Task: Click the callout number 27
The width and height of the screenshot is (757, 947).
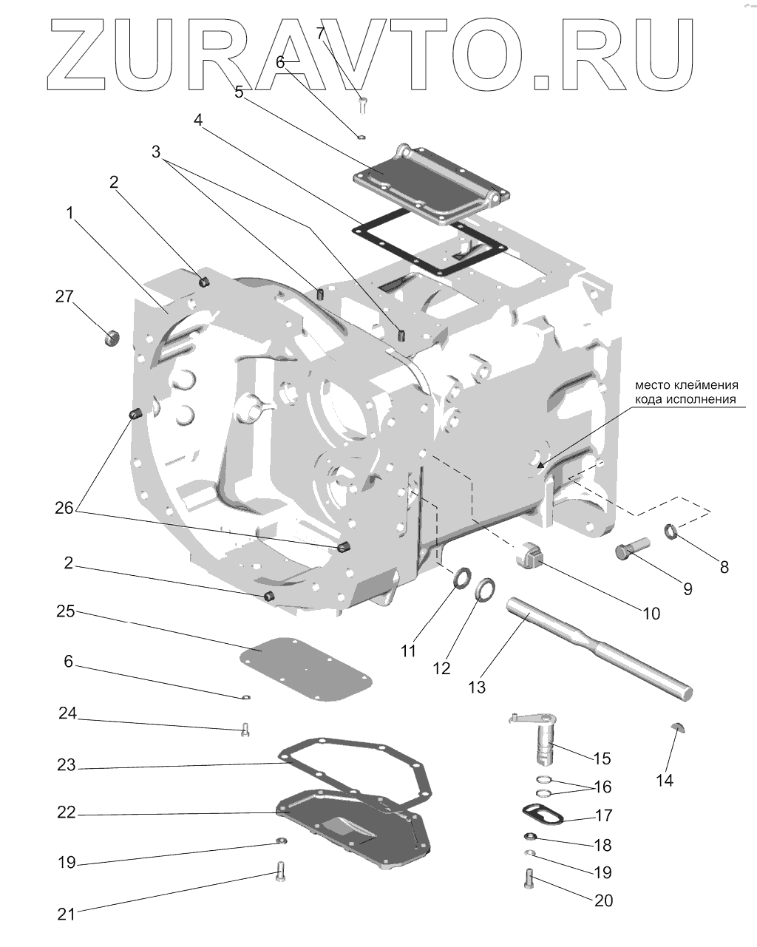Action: pyautogui.click(x=64, y=297)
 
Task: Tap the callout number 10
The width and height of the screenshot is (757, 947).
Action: pyautogui.click(x=651, y=614)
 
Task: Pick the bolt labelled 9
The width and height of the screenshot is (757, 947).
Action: pyautogui.click(x=630, y=549)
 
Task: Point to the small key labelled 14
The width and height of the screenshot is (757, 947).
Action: pyautogui.click(x=679, y=726)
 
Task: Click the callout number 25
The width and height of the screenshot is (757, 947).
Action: pyautogui.click(x=67, y=612)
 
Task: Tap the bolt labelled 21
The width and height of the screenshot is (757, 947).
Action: pyautogui.click(x=280, y=872)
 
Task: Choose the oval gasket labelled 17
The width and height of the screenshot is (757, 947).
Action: pyautogui.click(x=542, y=815)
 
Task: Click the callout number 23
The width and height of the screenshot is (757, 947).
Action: pyautogui.click(x=67, y=765)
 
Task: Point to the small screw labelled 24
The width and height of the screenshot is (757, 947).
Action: pyautogui.click(x=245, y=730)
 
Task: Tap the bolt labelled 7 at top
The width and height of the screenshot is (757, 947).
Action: pyautogui.click(x=362, y=103)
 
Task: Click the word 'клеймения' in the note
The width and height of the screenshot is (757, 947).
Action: pyautogui.click(x=705, y=385)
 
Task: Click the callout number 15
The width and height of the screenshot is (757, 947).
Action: pyautogui.click(x=602, y=758)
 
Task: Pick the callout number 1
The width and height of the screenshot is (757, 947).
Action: pyautogui.click(x=69, y=213)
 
